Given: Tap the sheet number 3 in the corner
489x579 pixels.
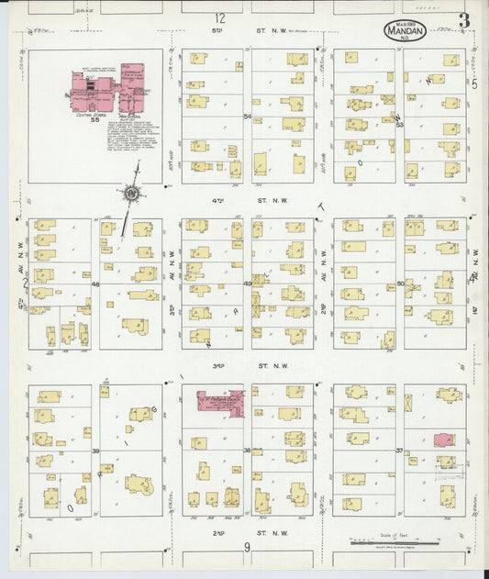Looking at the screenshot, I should pos(464,21).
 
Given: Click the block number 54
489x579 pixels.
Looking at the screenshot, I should pos(247,117).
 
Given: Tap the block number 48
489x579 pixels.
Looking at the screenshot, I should pos(95,284).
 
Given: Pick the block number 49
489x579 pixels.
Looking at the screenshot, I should pos(247,284).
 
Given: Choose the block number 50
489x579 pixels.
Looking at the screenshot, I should pos(400,284).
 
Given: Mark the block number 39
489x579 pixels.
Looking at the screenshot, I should pos(95,451).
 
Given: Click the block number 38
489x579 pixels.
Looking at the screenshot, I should pos(247,451).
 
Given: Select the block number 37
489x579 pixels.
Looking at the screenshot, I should pos(399,451).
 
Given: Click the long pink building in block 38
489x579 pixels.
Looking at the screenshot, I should pos(219,401).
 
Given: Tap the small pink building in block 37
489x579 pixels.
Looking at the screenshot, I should pos(443,440).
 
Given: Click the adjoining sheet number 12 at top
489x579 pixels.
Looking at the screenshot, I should pos(219,18).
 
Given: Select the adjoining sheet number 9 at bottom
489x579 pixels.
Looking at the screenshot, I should pos(247,548).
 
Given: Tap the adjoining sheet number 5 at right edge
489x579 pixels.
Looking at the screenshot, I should pos(474,84).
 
